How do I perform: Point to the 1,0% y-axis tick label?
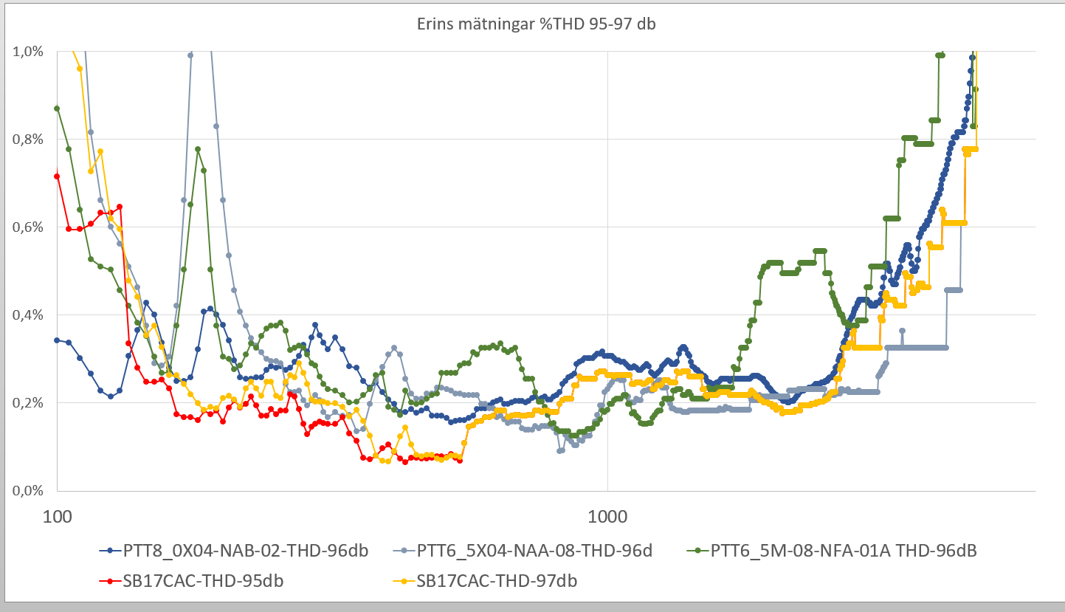click(x=28, y=52)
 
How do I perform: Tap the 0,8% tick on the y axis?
click(x=28, y=140)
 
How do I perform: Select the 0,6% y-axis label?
click(x=28, y=227)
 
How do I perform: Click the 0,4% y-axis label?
click(x=28, y=315)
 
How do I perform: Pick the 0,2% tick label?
click(x=28, y=403)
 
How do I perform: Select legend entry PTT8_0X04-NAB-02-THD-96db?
click(x=244, y=551)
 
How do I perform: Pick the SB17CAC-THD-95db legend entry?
click(x=204, y=581)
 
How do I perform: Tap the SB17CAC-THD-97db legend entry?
click(x=497, y=581)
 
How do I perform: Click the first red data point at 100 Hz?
click(x=57, y=176)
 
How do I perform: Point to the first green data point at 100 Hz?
click(x=57, y=109)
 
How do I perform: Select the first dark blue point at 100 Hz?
click(x=57, y=340)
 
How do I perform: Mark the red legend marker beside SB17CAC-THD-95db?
click(x=110, y=581)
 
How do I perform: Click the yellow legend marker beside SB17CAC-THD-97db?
click(x=403, y=581)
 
